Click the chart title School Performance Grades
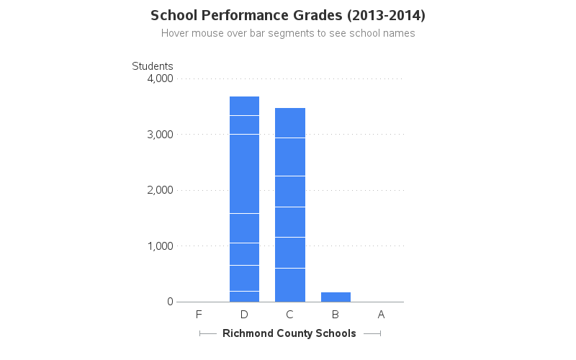(288, 15)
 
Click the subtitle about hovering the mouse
(288, 33)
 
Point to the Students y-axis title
(152, 66)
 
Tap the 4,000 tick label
(159, 78)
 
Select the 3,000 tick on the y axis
(159, 135)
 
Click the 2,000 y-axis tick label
(159, 190)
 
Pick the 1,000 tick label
(159, 246)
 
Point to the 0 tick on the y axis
(170, 302)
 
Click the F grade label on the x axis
(199, 315)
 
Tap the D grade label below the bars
(244, 315)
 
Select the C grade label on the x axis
(289, 315)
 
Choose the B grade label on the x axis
(336, 315)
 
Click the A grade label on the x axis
(381, 315)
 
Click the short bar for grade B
(336, 297)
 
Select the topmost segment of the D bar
(244, 106)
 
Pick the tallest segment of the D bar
(244, 174)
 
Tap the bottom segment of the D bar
(244, 297)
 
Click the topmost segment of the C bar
(289, 122)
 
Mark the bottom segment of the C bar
(289, 285)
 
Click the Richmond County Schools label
(289, 333)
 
